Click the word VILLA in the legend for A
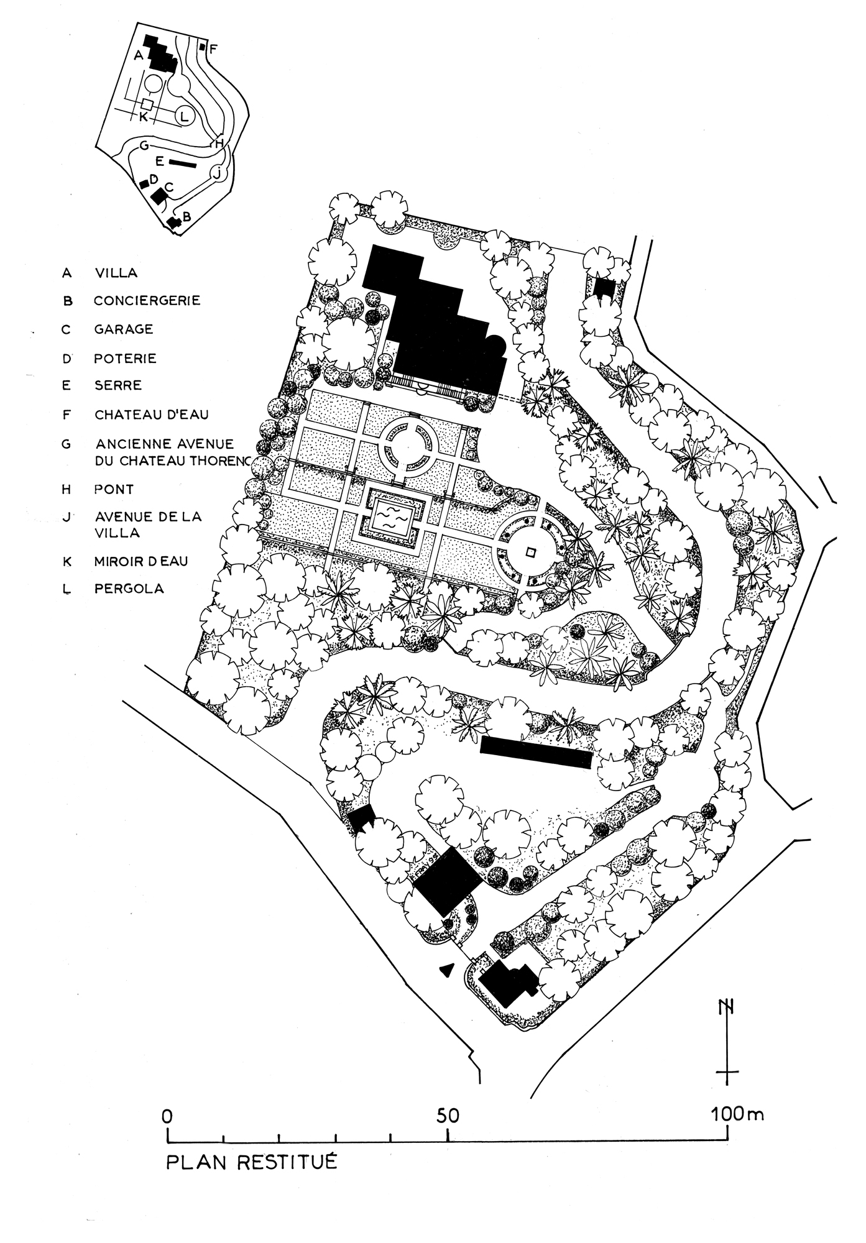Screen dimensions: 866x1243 pos(116,273)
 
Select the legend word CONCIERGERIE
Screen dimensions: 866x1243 pos(147,301)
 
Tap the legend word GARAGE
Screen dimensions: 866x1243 pos(124,329)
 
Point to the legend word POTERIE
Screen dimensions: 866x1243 pos(125,359)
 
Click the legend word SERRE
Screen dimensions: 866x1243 pos(118,385)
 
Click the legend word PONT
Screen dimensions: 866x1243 pos(114,489)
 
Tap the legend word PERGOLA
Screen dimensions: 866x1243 pos(129,589)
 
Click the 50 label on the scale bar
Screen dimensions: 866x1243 pos(448,1116)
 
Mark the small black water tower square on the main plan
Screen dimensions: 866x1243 pos(604,288)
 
